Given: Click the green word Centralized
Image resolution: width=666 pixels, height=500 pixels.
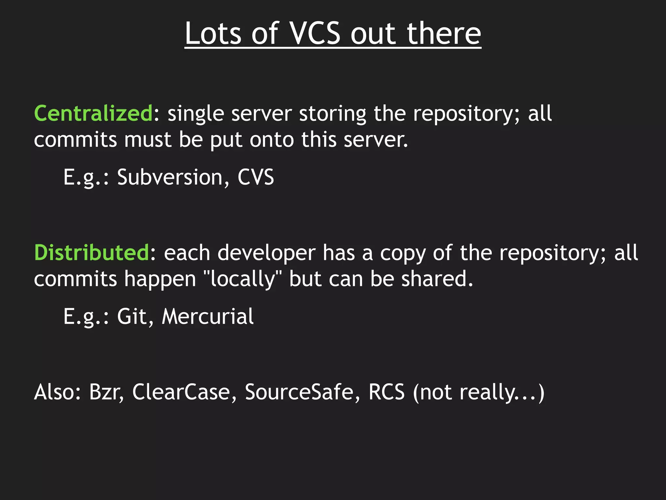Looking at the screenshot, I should click(x=93, y=114).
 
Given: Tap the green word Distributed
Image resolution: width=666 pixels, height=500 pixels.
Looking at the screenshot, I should click(x=91, y=253).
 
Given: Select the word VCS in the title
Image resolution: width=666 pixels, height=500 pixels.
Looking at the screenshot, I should click(x=314, y=34).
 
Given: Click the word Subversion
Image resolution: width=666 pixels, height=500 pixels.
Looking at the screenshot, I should click(x=169, y=177).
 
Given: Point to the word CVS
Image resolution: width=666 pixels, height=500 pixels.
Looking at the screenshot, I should click(x=256, y=177).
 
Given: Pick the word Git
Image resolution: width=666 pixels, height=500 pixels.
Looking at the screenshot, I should click(x=132, y=316).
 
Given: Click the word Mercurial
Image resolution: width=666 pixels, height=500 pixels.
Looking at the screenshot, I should click(x=207, y=316).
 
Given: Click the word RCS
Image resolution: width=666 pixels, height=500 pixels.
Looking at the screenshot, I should click(x=386, y=392).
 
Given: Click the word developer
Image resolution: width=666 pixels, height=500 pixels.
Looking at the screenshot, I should click(x=266, y=253).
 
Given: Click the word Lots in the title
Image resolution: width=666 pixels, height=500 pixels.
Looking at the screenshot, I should click(x=213, y=34).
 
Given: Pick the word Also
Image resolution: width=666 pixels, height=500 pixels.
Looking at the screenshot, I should click(x=57, y=392).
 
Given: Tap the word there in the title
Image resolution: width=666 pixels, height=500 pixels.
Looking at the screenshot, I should click(x=444, y=34).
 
